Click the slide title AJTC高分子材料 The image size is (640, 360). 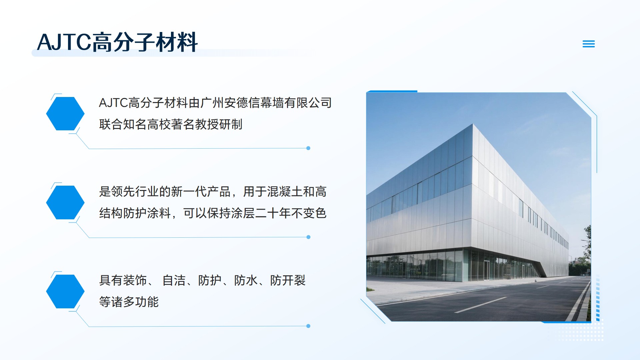click(117, 42)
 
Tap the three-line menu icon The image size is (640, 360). click(589, 44)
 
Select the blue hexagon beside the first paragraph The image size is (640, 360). click(65, 114)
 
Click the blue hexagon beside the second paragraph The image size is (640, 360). click(65, 202)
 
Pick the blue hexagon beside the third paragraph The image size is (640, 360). click(65, 291)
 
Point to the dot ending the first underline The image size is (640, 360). click(308, 148)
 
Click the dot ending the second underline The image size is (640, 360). click(308, 237)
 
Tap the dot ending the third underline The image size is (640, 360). click(308, 326)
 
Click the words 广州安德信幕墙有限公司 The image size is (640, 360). click(266, 103)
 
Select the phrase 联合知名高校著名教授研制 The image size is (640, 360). click(171, 124)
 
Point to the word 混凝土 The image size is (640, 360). click(285, 192)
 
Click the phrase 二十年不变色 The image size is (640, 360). click(291, 213)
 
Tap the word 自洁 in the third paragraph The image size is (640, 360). click(174, 280)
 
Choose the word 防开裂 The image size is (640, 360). click(288, 280)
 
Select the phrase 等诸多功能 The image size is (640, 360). click(129, 302)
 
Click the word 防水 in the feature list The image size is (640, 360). click(246, 280)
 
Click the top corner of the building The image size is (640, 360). click(473, 124)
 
